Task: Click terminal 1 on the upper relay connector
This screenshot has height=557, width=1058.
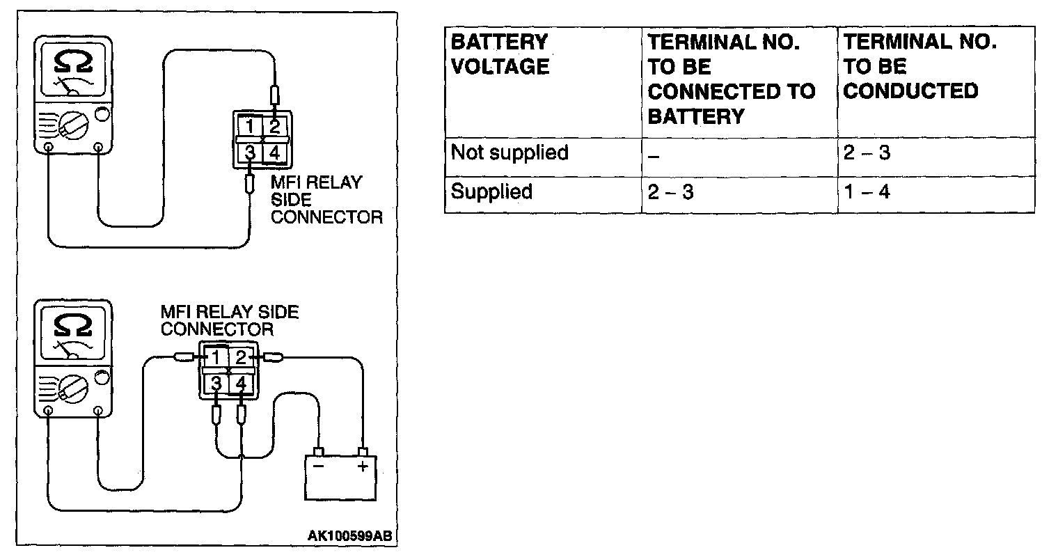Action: (x=249, y=126)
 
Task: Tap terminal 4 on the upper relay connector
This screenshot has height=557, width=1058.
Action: (x=275, y=152)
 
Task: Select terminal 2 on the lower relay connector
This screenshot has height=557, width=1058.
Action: (x=241, y=358)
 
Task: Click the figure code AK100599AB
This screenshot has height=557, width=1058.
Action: (x=349, y=536)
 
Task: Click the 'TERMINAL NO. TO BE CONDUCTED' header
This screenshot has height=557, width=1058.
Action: (x=919, y=67)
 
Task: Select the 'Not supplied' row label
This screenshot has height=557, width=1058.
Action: (x=510, y=152)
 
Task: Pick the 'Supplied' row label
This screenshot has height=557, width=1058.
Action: (x=491, y=191)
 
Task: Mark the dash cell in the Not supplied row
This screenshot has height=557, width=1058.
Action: (x=653, y=154)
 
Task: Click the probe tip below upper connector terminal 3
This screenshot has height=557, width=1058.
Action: (x=250, y=185)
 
